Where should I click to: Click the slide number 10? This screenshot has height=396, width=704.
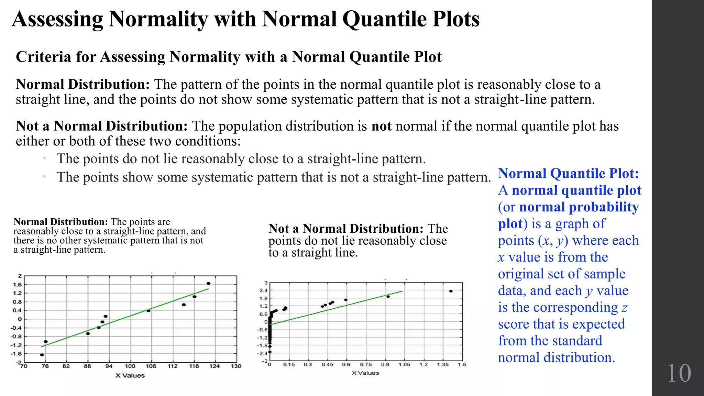(679, 373)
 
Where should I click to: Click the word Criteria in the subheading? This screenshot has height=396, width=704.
(43, 57)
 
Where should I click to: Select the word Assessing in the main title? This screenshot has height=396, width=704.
(57, 19)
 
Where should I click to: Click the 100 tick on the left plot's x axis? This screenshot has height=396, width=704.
(130, 366)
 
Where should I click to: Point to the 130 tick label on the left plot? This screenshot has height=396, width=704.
(236, 366)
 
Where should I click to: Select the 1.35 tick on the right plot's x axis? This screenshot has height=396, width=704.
(443, 364)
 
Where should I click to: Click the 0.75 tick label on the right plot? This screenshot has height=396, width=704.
(366, 364)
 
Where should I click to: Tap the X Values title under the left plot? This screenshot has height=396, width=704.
(130, 376)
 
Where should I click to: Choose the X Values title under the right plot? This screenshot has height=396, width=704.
(365, 373)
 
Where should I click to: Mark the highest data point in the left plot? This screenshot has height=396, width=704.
(208, 284)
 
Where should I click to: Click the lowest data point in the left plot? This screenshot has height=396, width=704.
(42, 355)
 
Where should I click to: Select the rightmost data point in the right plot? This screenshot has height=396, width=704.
(451, 291)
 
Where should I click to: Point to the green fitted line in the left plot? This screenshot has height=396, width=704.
(125, 318)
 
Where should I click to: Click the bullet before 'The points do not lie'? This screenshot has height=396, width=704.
(44, 158)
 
